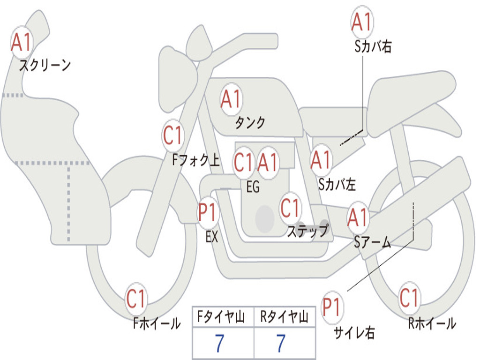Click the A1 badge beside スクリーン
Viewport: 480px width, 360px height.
[x=22, y=42]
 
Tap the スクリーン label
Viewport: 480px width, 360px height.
[x=45, y=65]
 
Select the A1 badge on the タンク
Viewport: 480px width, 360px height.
[x=232, y=99]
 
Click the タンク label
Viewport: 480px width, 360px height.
[x=250, y=122]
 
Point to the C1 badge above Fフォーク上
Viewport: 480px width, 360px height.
[x=173, y=135]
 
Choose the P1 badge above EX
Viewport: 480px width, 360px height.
[x=208, y=212]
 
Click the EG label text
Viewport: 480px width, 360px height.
[x=253, y=187]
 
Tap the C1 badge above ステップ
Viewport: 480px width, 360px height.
[x=290, y=208]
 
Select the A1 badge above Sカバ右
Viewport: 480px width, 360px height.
[x=362, y=22]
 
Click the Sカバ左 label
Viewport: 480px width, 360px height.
[x=337, y=184]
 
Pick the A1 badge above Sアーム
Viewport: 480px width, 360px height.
[x=358, y=217]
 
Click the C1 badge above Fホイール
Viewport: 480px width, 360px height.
[x=136, y=299]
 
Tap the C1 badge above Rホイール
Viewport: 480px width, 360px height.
[x=409, y=298]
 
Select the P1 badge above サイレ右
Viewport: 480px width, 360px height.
[x=332, y=307]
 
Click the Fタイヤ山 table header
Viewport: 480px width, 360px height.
[x=221, y=316]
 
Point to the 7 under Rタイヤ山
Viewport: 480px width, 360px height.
[x=281, y=344]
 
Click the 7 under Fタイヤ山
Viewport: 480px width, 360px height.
[x=219, y=344]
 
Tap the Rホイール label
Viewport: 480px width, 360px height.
[x=432, y=323]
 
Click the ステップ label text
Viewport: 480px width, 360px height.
[x=308, y=230]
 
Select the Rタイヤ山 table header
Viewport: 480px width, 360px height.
[x=285, y=316]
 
